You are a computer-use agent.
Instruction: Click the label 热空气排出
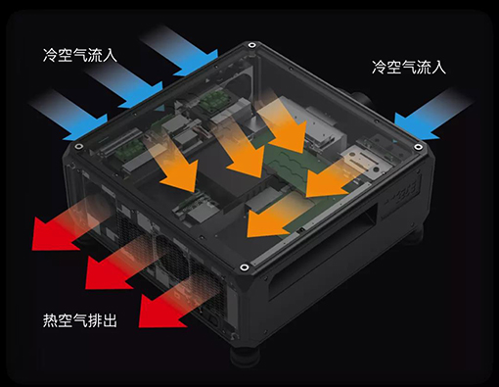click(x=80, y=320)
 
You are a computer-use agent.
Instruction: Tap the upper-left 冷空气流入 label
click(x=80, y=55)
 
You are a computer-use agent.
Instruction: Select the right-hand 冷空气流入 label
click(x=409, y=67)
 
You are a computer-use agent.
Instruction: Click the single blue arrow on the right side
click(x=431, y=115)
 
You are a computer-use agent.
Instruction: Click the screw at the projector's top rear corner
click(x=251, y=45)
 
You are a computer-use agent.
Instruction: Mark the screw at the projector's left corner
click(x=77, y=146)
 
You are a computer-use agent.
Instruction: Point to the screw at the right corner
click(x=419, y=147)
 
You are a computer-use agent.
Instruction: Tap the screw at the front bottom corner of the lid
click(x=244, y=267)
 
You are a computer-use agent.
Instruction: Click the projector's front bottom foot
click(x=243, y=357)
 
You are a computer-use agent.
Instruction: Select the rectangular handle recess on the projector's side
click(x=323, y=252)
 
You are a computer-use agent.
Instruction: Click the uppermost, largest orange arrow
click(x=283, y=121)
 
